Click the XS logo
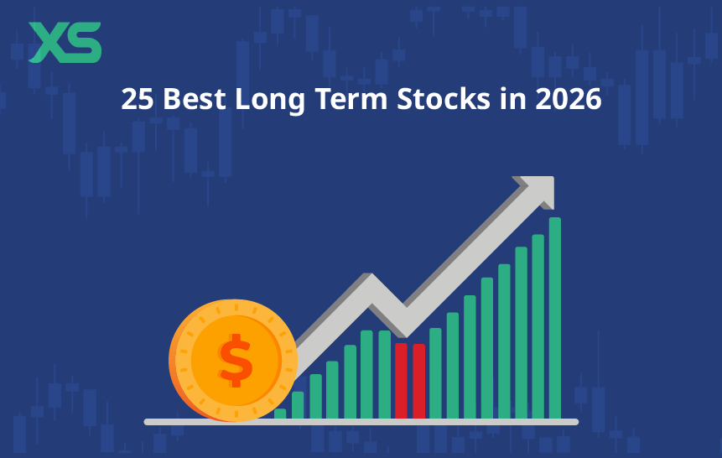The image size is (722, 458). tap(65, 43)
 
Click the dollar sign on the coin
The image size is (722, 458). tap(236, 360)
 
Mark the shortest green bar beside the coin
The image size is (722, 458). tap(280, 413)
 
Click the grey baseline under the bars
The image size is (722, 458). tap(361, 421)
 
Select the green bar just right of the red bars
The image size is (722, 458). tap(435, 372)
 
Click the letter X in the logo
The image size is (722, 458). tap(46, 43)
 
